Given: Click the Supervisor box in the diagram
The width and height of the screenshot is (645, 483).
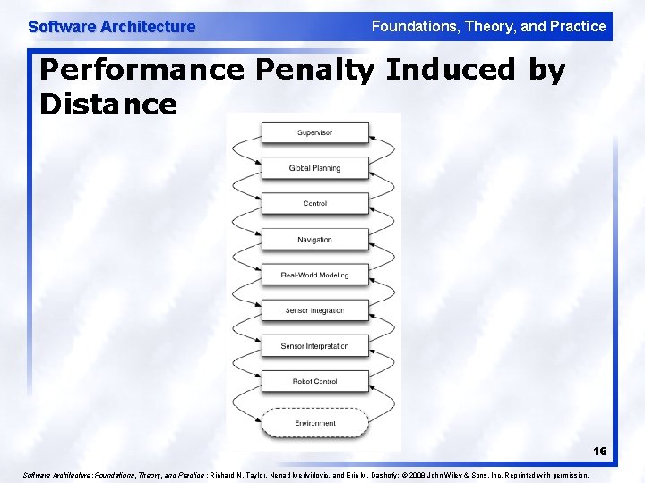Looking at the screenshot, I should click(314, 133).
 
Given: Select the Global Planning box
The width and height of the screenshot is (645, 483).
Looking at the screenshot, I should click(314, 168).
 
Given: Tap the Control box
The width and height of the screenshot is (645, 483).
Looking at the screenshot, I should click(314, 204).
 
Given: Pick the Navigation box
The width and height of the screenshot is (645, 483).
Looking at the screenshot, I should click(314, 240).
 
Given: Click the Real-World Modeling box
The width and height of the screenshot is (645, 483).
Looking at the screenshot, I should click(314, 275).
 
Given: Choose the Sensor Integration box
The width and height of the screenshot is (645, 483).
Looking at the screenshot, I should click(314, 310).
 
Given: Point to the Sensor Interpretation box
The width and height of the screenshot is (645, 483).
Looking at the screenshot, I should click(314, 346).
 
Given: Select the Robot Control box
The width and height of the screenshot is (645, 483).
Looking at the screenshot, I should click(314, 382).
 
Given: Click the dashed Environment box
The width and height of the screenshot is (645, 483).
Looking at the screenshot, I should click(314, 423).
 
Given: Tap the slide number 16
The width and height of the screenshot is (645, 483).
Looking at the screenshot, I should click(598, 452).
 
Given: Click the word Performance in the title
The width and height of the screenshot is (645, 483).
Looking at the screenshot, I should click(142, 71).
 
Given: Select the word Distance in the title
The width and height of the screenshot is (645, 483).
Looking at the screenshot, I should click(108, 105).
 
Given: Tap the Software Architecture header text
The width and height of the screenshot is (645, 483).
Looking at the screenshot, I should click(111, 27).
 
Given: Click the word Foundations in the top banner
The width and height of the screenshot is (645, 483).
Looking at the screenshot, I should click(414, 27).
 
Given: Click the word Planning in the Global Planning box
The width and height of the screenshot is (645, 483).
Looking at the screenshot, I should click(326, 168).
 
